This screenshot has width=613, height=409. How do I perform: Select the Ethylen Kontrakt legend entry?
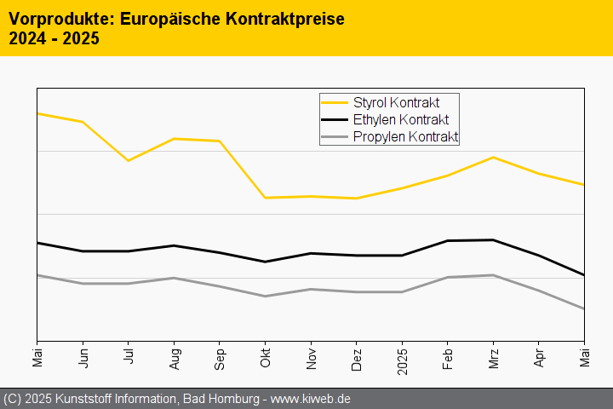(400, 120)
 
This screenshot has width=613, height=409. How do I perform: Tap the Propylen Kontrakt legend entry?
(405, 136)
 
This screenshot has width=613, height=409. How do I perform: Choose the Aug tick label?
(175, 357)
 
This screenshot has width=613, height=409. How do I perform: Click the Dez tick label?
(357, 357)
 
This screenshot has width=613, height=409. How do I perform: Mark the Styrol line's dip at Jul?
(129, 160)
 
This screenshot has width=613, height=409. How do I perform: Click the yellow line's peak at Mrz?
(493, 157)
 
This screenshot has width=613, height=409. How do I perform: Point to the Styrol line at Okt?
(266, 198)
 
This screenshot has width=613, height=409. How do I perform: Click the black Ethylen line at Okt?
(266, 262)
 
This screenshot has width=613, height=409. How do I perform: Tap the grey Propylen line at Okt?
(266, 296)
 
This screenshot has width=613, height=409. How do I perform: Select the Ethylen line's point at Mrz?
(493, 239)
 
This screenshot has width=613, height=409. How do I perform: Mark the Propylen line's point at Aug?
(175, 278)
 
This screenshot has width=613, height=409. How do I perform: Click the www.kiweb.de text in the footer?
(311, 399)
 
